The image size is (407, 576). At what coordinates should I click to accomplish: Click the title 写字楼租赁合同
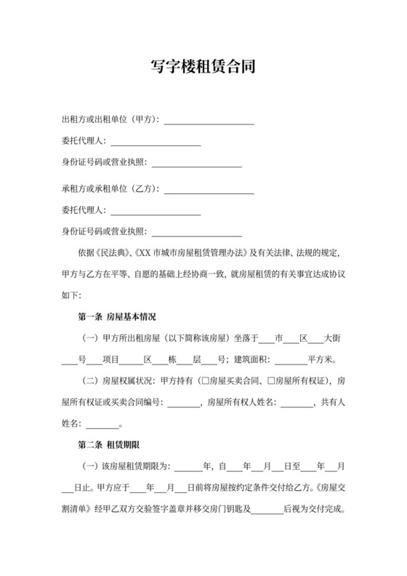click(x=203, y=68)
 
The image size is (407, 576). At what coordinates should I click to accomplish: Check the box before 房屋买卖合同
click(x=209, y=381)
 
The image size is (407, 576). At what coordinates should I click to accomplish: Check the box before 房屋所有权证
click(x=272, y=381)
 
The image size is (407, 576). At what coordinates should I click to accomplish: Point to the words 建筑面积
click(x=251, y=360)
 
